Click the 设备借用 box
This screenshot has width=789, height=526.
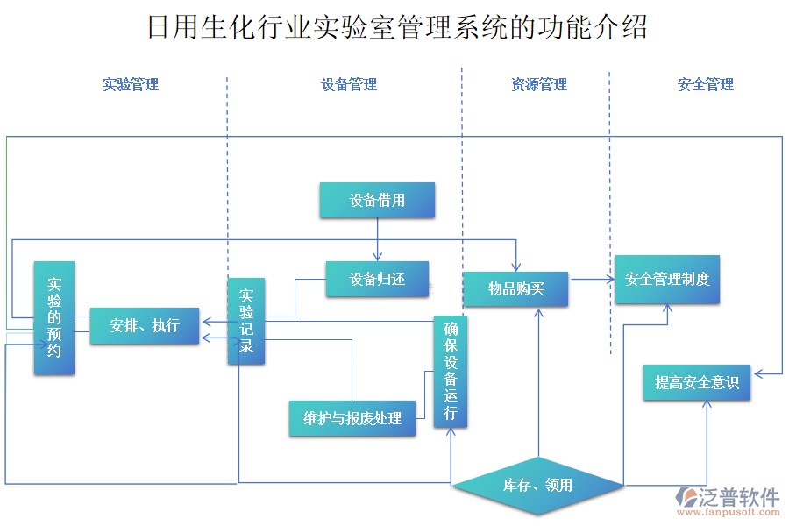coord(377,200)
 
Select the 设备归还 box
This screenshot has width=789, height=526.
coord(377,280)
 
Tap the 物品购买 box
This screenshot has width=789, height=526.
coord(515,288)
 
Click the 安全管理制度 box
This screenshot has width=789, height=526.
coord(667,280)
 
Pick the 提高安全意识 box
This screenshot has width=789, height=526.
coord(697,383)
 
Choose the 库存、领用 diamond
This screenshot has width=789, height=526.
coord(537,485)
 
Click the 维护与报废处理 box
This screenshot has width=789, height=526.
coord(352,418)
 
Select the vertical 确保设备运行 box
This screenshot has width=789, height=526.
coord(451,372)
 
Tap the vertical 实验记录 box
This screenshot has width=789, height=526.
coord(246,322)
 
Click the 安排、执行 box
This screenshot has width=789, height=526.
coord(145,326)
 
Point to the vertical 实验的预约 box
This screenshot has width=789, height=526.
coord(54,318)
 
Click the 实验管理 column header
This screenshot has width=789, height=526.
coord(130,85)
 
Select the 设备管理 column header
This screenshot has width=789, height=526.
coord(349,85)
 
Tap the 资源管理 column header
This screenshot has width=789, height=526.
coord(539,85)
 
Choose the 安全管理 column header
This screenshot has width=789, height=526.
coord(706,85)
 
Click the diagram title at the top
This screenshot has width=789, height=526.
coord(396,27)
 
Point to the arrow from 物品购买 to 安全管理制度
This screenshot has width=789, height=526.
coord(591,280)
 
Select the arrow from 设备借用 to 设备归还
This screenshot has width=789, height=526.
coord(378,239)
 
